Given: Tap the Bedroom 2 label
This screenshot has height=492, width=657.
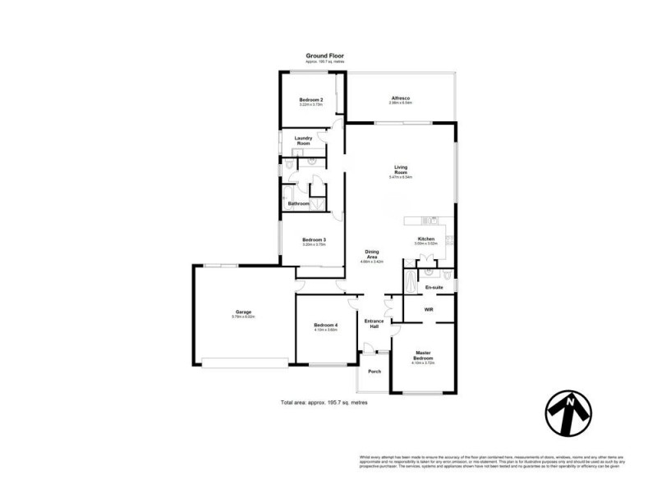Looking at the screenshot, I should pos(310,99).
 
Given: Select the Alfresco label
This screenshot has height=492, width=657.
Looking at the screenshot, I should pos(400,99).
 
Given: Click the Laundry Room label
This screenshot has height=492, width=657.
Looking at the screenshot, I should pos(303,141).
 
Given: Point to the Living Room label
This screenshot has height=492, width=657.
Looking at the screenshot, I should pos(400,171).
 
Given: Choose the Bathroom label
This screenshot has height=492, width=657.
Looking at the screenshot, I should pos(298,203).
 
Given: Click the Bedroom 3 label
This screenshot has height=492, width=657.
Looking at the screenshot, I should pos(314,239).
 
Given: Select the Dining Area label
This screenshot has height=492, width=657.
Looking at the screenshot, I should pos(372,255).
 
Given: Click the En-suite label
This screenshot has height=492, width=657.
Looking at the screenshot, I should pos(434,288).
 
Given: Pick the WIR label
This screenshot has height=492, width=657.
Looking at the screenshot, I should pos(429,310).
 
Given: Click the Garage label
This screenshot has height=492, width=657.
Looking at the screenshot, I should pos(243,312).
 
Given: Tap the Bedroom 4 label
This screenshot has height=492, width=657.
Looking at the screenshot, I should pos(325,326).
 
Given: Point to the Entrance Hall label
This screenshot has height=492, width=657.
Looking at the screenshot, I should pos(374,324).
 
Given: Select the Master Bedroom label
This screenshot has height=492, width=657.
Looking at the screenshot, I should pos(422,357).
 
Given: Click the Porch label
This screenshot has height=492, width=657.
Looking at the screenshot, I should pos(374,371).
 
